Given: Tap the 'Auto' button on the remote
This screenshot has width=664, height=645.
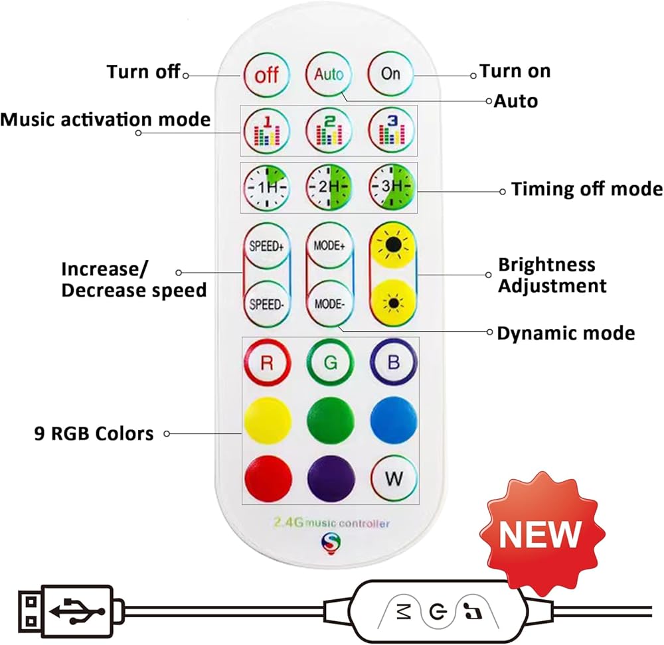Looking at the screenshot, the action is pyautogui.click(x=329, y=74).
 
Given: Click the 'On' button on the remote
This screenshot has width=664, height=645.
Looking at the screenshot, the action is pyautogui.click(x=390, y=74).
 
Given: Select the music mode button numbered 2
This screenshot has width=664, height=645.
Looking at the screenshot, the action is pyautogui.click(x=329, y=130).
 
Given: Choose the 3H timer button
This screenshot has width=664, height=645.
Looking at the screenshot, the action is pyautogui.click(x=392, y=186).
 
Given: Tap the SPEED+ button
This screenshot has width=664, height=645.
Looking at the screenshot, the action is pyautogui.click(x=266, y=246).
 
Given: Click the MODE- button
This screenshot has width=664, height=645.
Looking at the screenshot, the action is pyautogui.click(x=329, y=304).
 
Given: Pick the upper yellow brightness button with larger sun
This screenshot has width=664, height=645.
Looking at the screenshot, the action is pyautogui.click(x=393, y=245).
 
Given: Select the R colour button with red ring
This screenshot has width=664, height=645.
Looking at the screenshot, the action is pyautogui.click(x=267, y=363).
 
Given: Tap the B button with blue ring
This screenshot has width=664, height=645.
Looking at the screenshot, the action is pyautogui.click(x=393, y=362).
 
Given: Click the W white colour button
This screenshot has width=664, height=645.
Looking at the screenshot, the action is pyautogui.click(x=394, y=478).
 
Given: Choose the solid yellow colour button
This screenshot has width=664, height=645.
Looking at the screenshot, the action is pyautogui.click(x=268, y=420).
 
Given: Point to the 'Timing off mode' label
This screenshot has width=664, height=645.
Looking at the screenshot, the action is pyautogui.click(x=587, y=188).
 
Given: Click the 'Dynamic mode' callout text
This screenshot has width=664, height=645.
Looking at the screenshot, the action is pyautogui.click(x=566, y=333).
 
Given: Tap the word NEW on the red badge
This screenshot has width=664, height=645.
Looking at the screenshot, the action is pyautogui.click(x=539, y=534).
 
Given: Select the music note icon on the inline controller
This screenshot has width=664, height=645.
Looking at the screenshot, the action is pyautogui.click(x=473, y=610).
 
